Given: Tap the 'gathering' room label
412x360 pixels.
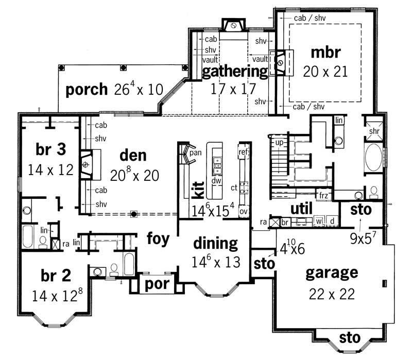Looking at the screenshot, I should pyautogui.click(x=234, y=71).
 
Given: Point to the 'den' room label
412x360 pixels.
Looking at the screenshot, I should pyautogui.click(x=133, y=155).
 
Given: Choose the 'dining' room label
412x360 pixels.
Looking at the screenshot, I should pyautogui.click(x=215, y=243).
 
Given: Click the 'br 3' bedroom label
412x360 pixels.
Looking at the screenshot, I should pyautogui.click(x=50, y=149).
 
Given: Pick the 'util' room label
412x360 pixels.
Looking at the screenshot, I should pyautogui.click(x=302, y=209).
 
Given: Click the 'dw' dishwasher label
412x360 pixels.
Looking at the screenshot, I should pyautogui.click(x=217, y=181).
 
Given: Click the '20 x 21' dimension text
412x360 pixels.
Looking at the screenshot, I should pyautogui.click(x=325, y=71).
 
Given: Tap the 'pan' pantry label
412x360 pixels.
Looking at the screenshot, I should pyautogui.click(x=195, y=152).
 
